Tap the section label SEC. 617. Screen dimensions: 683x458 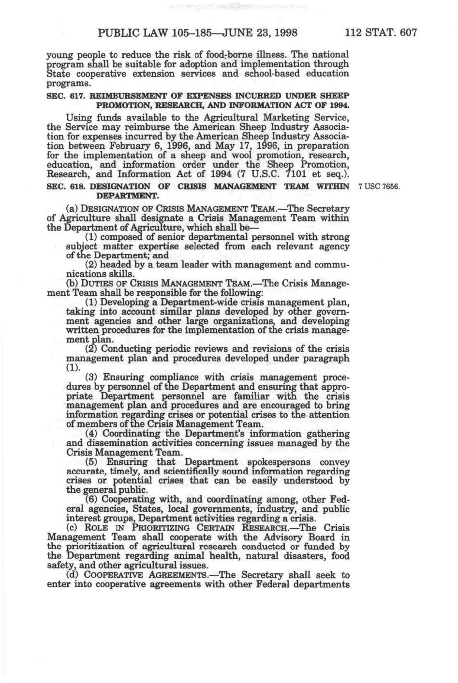(66, 96)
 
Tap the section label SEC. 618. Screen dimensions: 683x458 (66, 187)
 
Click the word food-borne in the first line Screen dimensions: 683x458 (217, 55)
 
